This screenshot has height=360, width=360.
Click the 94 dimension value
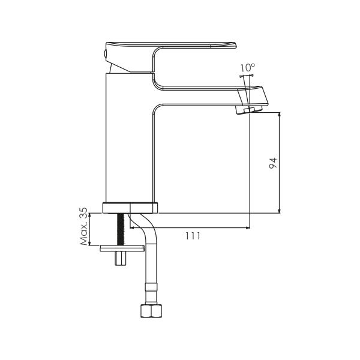click(x=273, y=163)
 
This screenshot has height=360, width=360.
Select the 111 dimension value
click(x=193, y=236)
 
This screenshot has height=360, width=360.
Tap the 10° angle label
click(x=248, y=68)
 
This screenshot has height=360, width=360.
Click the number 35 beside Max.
click(x=83, y=213)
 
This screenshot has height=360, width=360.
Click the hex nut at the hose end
click(x=151, y=311)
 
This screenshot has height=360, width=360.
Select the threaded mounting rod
click(x=121, y=229)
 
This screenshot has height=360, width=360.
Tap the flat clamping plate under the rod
click(x=122, y=248)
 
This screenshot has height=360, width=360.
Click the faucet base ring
click(x=130, y=208)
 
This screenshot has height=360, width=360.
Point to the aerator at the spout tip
click(x=249, y=110)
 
